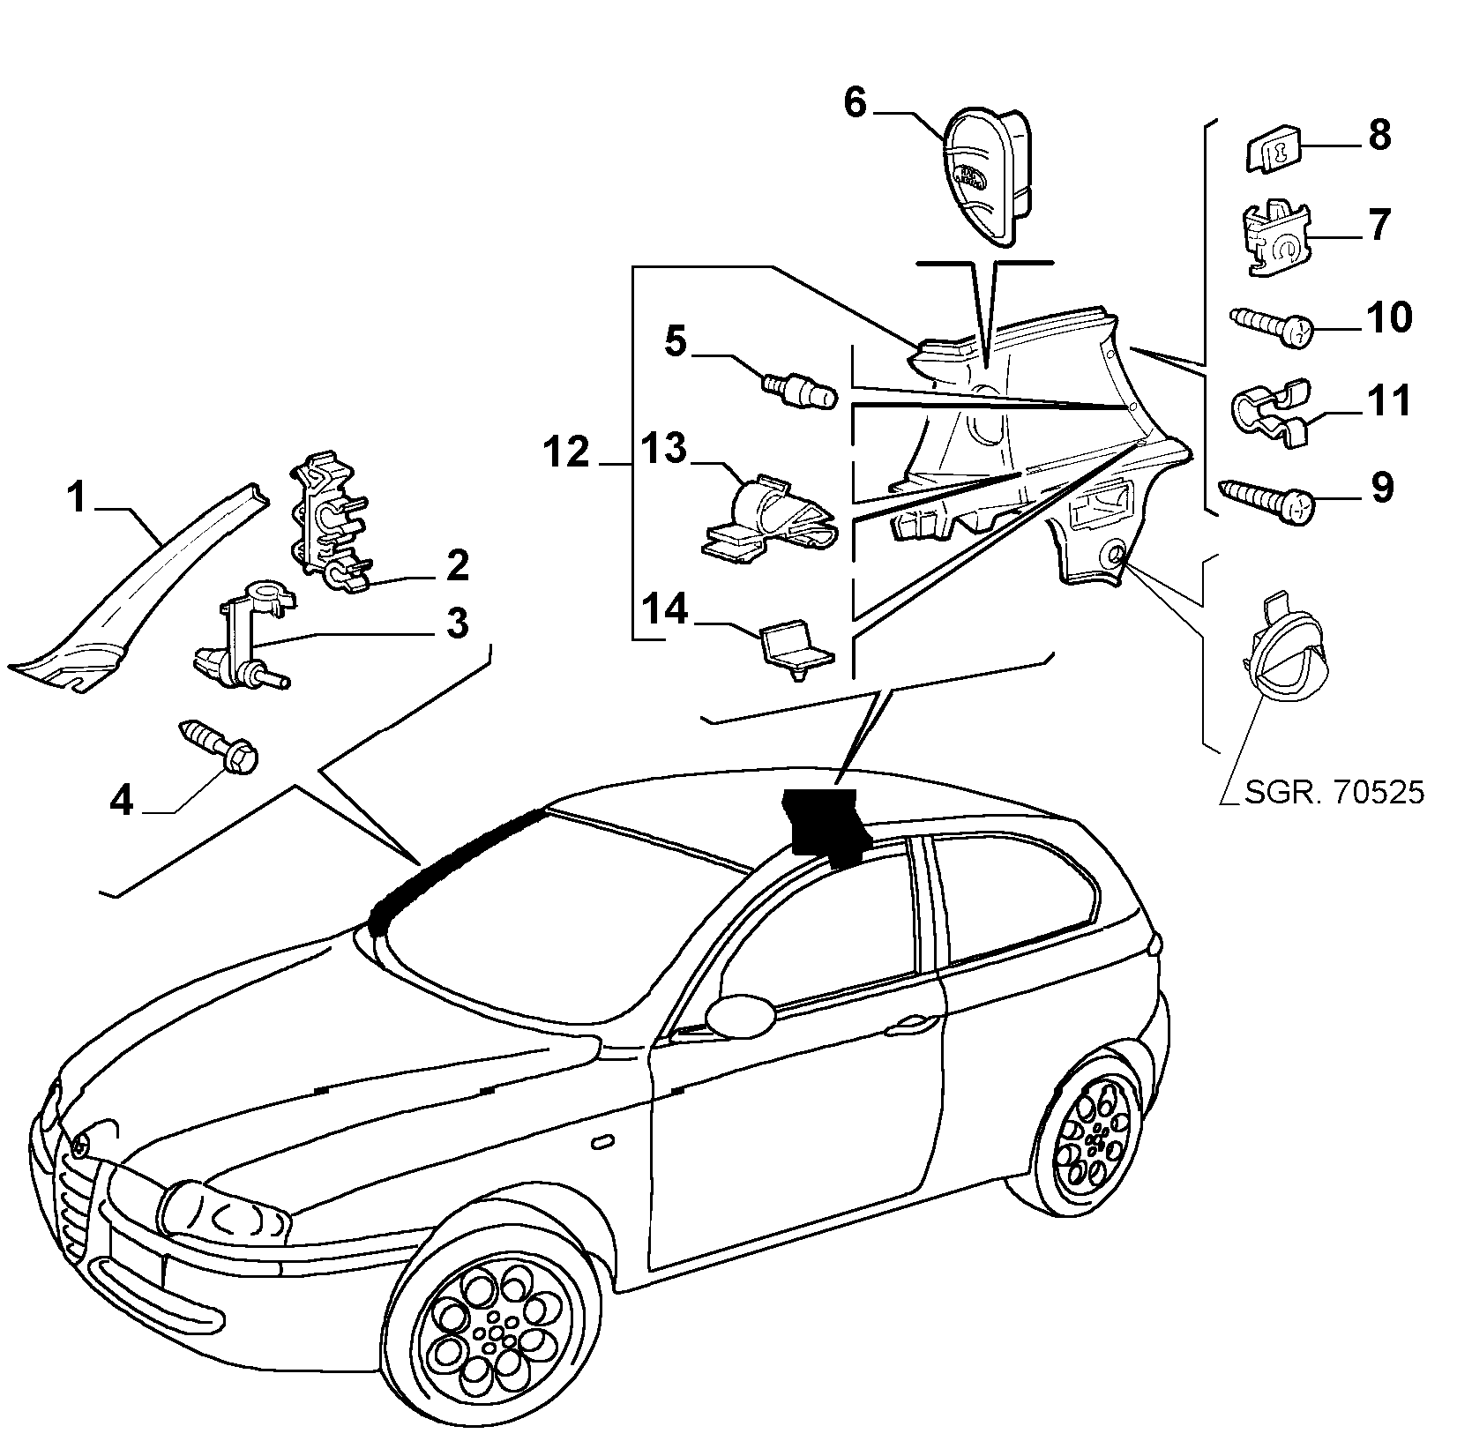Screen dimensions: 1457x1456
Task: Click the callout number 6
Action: pos(856,102)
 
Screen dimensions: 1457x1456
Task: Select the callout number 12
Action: pos(565,452)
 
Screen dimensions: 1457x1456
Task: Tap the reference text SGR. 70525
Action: pos(1334,793)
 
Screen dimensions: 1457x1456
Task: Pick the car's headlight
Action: pos(227,1212)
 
